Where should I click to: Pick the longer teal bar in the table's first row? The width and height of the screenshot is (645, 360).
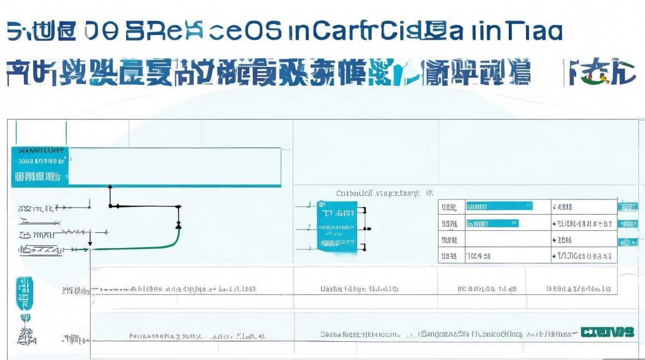point(499,206)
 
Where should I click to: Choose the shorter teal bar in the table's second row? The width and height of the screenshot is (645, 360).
point(492,223)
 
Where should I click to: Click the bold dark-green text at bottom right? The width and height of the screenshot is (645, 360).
point(607,332)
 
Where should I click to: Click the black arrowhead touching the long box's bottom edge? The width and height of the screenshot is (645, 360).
point(110,187)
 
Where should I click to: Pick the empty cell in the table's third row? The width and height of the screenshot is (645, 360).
point(508,240)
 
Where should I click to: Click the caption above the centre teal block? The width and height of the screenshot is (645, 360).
point(384,193)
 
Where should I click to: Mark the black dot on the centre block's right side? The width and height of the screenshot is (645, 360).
point(365,228)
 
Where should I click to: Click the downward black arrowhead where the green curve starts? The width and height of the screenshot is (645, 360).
point(90,244)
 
